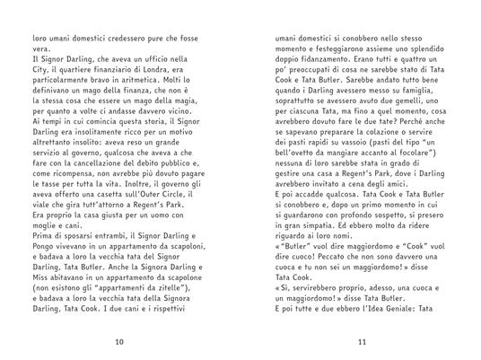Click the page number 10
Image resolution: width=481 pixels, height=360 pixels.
coord(120,341)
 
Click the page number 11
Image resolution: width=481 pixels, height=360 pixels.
coord(363,341)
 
